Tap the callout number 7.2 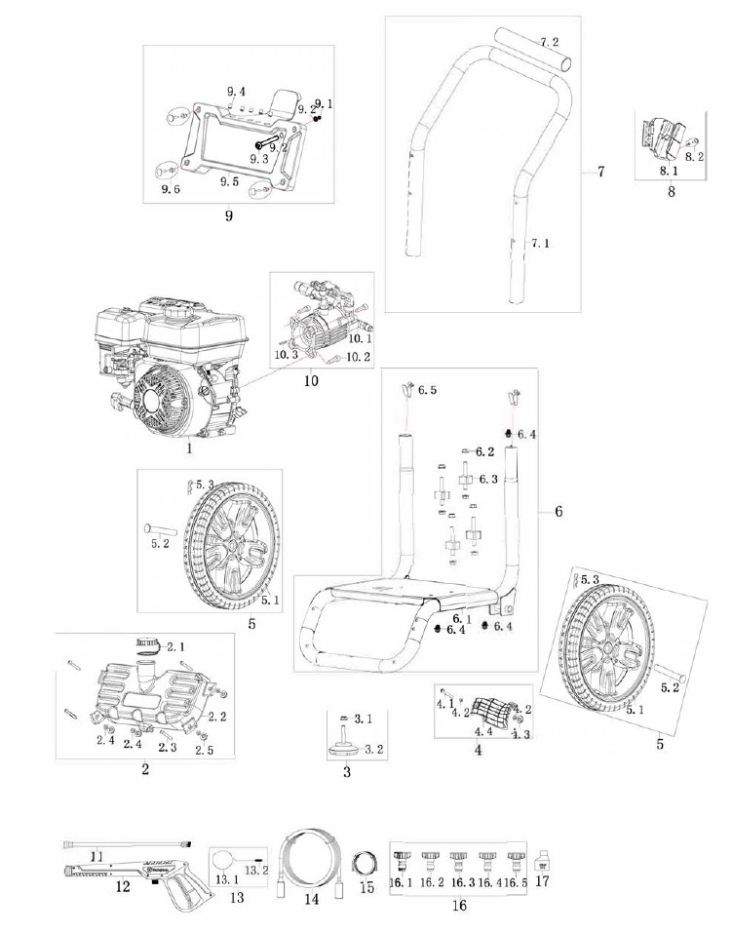550,43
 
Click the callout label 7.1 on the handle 542,243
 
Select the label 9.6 171,189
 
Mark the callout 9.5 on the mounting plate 229,181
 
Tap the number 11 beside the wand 97,855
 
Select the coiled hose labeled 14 311,858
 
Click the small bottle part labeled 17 545,861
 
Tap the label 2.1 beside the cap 175,646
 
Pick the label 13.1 226,879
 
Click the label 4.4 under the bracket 482,730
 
